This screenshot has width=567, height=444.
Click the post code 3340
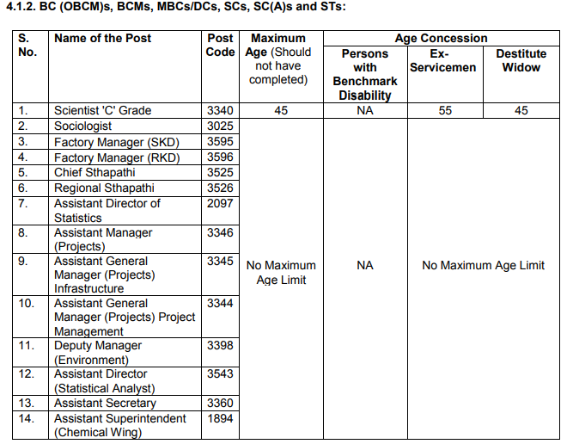tap(220, 110)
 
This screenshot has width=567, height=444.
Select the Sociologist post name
tap(84, 126)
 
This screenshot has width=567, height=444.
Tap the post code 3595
tap(220, 141)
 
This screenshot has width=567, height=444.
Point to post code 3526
tap(220, 188)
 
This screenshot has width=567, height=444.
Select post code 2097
tap(220, 203)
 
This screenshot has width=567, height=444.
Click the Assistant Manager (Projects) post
tap(103, 239)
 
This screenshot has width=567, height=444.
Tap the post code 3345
tap(220, 261)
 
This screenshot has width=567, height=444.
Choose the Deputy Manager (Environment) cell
tap(97, 352)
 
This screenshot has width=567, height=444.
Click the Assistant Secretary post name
tap(105, 403)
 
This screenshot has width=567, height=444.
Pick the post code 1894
tap(220, 418)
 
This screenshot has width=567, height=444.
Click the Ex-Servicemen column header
tap(442, 60)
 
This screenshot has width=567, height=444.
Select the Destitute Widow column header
tap(521, 60)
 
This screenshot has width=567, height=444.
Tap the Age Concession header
tap(441, 38)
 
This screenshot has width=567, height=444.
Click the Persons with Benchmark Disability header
tap(364, 74)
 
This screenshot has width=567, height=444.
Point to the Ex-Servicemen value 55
tap(442, 110)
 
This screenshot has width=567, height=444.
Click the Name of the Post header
tap(102, 38)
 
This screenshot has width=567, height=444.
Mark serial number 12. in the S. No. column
tap(27, 373)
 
